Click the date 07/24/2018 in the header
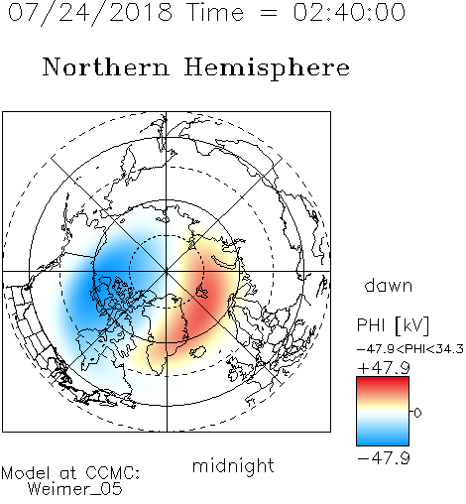(90, 13)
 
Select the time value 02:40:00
(349, 12)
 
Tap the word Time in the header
(215, 12)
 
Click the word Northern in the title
(106, 67)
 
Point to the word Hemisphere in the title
(267, 68)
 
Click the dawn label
(389, 285)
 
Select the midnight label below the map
(233, 465)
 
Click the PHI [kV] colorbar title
(393, 325)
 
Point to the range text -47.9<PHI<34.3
(410, 349)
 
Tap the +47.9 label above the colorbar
(384, 368)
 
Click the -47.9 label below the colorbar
(384, 458)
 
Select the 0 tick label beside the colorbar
(417, 413)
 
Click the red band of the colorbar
(383, 384)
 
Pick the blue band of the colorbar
(383, 437)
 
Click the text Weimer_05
(75, 489)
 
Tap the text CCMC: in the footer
(113, 473)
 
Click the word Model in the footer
(26, 473)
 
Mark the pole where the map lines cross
(167, 271)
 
